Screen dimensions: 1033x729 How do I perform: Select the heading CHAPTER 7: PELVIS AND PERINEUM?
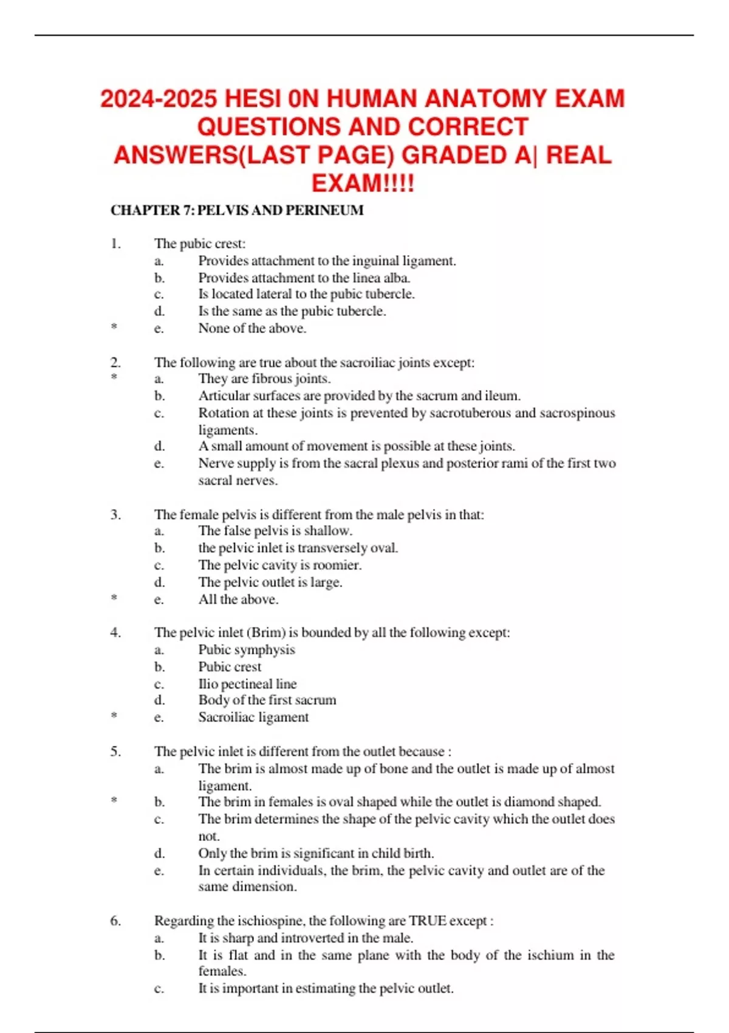pos(237,210)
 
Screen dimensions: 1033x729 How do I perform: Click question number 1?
pos(115,244)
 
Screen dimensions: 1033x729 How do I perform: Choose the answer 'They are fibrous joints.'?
pos(264,379)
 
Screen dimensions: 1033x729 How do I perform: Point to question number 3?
pos(115,515)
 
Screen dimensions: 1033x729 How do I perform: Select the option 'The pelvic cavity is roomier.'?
pos(279,565)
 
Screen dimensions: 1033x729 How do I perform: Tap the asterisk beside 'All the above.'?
pos(114,599)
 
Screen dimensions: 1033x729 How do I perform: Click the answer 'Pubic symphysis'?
pos(246,650)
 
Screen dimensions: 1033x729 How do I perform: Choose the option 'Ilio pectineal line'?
pos(247,684)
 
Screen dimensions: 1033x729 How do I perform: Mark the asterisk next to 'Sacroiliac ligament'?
pos(114,716)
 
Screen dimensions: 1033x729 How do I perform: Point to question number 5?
pos(115,752)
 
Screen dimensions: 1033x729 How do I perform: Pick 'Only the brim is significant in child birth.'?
pos(316,853)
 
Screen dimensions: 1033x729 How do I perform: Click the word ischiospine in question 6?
pos(271,921)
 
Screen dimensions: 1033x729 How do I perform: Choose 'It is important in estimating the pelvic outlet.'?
pos(326,989)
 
